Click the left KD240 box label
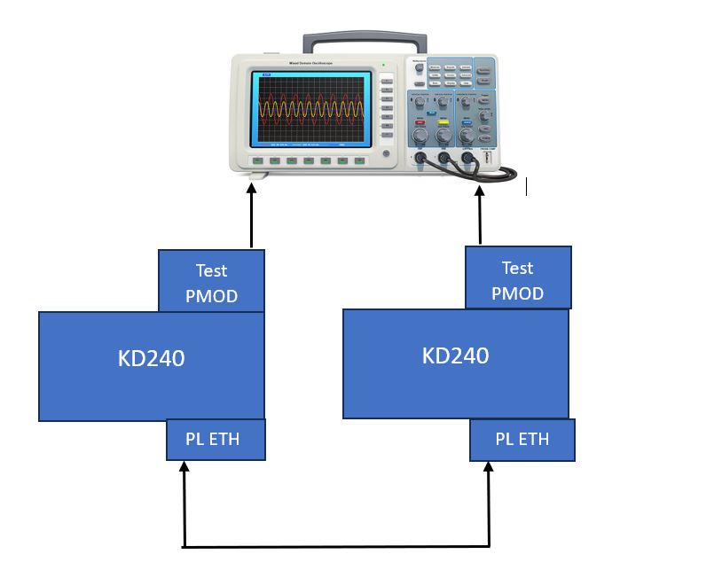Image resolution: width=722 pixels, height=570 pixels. click(151, 359)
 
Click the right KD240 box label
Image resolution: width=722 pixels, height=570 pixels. click(455, 355)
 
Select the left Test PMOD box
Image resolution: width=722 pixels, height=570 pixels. click(211, 282)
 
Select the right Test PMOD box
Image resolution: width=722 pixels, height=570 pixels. click(518, 278)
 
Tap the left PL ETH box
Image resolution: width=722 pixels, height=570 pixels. click(216, 440)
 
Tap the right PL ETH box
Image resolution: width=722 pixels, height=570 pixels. click(522, 440)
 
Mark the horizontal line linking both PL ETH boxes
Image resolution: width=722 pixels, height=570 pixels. click(337, 546)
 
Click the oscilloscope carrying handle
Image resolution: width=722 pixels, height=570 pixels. click(365, 40)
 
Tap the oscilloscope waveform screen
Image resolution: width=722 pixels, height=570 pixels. click(310, 109)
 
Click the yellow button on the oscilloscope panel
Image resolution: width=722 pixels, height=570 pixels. click(442, 121)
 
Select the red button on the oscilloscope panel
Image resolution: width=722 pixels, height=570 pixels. click(420, 121)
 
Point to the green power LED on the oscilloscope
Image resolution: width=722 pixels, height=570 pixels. click(383, 65)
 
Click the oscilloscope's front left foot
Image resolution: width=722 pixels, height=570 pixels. click(255, 176)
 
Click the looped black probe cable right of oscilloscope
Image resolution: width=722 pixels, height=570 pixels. click(509, 172)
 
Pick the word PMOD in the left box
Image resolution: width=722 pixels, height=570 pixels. click(211, 296)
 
